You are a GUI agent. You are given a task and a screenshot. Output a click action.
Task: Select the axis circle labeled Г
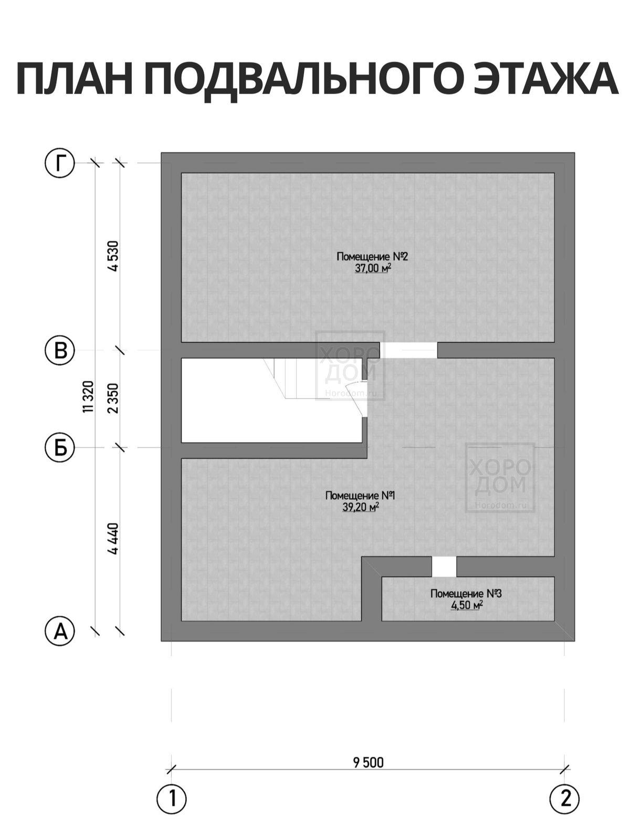[x=60, y=163]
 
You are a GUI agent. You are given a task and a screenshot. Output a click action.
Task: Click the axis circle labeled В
[x=60, y=350]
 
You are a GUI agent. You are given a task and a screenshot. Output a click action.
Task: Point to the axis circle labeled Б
[x=60, y=447]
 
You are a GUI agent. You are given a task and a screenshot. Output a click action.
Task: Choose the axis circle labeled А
[x=60, y=632]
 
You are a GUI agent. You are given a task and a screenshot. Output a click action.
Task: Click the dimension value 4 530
[x=113, y=256]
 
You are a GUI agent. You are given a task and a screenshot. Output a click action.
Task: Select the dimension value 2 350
[x=113, y=398]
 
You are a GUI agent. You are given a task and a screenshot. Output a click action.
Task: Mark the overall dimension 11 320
[x=88, y=396]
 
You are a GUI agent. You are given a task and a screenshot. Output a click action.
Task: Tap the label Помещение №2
[x=372, y=256]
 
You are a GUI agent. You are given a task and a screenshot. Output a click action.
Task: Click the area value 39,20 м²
[x=360, y=508]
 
